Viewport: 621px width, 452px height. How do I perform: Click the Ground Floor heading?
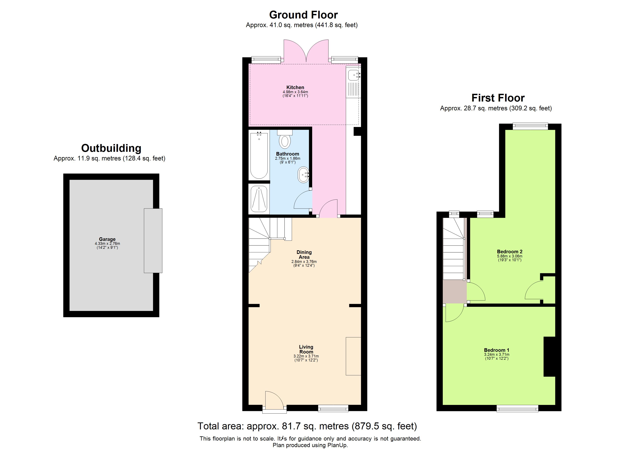(x=303, y=15)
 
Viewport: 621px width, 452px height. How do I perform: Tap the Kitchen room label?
(x=295, y=87)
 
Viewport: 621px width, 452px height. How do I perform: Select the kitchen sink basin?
(x=354, y=75)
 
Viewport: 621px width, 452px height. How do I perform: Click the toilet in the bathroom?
(x=285, y=141)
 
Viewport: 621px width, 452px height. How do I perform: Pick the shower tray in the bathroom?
(x=259, y=199)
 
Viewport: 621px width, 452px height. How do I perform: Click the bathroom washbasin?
(x=303, y=174)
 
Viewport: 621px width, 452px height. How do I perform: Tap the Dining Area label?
(x=304, y=254)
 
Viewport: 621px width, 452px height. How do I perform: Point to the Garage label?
(x=107, y=239)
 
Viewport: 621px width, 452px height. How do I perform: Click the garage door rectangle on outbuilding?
(x=153, y=240)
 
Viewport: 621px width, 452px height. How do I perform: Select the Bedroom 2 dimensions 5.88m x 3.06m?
(x=510, y=256)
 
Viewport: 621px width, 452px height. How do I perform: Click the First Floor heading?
(x=498, y=98)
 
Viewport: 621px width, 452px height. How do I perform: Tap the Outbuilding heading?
(x=111, y=148)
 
